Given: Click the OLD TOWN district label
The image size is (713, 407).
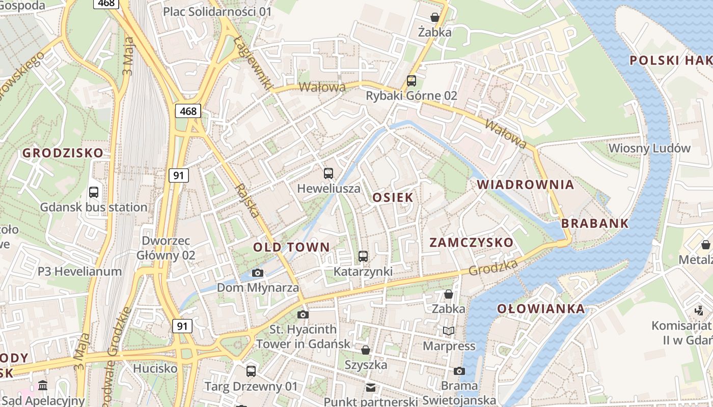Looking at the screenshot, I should tap(291, 248).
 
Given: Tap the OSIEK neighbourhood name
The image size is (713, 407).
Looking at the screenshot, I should tap(393, 198).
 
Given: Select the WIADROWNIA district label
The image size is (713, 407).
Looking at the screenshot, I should tap(525, 185).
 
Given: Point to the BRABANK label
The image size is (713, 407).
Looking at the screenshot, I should tap(595, 224).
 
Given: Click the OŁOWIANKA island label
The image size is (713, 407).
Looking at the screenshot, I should tap(541, 309).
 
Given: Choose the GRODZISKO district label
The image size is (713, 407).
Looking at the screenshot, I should tap(63, 153).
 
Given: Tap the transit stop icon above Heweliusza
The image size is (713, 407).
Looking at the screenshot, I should tap(328, 173).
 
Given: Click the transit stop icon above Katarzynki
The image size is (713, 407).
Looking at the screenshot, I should tap(363, 256).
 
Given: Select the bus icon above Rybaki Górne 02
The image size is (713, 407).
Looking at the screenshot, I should tap(411, 81).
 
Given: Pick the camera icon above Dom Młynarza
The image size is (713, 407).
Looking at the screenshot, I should tap(258, 273).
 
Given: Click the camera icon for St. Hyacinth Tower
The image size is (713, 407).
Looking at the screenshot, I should tap(303, 314).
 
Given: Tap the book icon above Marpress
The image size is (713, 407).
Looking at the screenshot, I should tap(448, 331).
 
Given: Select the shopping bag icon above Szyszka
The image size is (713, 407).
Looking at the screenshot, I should tap(365, 350).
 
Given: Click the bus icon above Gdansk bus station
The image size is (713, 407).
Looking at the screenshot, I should tap(94, 192).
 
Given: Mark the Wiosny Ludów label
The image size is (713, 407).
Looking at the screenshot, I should tap(649, 149).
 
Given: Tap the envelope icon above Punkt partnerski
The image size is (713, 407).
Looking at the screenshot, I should tap(370, 388).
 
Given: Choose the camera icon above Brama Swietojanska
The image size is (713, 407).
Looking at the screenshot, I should tap(459, 371).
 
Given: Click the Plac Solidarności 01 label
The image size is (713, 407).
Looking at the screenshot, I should tap(217, 11).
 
